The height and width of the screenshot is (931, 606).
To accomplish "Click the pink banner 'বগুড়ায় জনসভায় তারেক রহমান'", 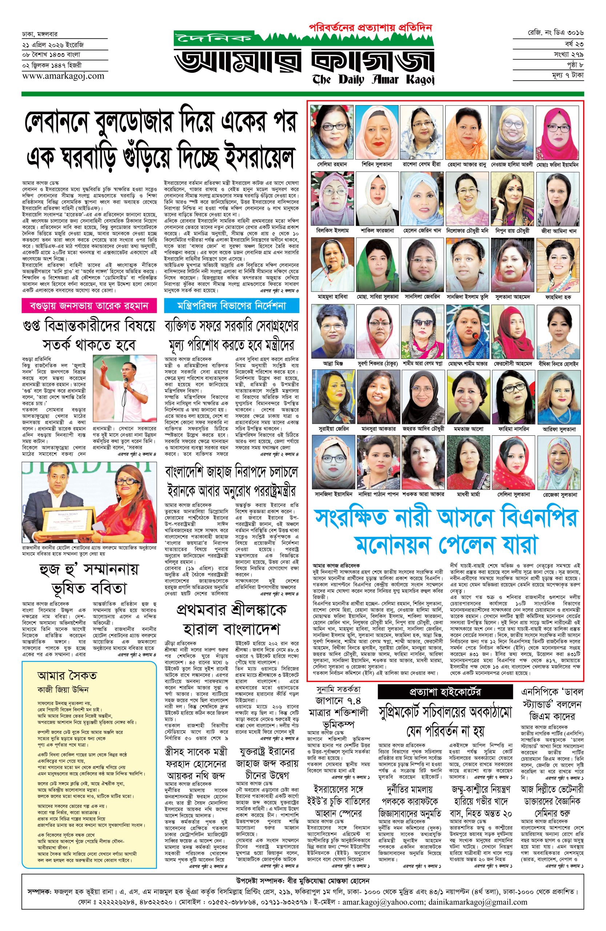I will click(x=89, y=306).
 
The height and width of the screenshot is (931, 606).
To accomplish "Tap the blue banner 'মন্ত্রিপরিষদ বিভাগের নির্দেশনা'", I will click(x=232, y=306).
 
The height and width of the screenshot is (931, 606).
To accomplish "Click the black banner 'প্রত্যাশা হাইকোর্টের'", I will click(x=445, y=692).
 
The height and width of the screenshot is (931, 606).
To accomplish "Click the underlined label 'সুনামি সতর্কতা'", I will click(x=338, y=689).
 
